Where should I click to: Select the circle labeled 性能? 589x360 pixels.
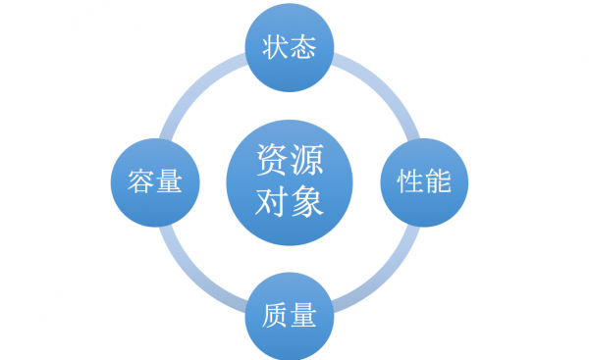point(424,181)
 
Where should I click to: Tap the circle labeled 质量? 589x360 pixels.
point(290,316)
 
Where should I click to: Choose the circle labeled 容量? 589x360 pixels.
point(156,181)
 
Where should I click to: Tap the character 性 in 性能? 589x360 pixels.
point(410,181)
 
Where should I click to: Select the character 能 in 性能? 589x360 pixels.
point(438,181)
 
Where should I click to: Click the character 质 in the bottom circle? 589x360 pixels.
point(276,316)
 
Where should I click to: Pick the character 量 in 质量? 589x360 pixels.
point(303,316)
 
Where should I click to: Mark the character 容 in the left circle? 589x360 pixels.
point(142,181)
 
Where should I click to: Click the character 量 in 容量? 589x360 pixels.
point(170,181)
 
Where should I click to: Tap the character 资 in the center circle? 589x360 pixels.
point(272,160)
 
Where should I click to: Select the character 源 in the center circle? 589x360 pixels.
point(307,160)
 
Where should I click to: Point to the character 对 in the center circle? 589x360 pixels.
point(272,203)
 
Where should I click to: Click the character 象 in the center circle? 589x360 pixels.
point(307,203)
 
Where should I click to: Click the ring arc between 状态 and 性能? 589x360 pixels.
point(385,87)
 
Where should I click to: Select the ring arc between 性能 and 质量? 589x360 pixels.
point(385,277)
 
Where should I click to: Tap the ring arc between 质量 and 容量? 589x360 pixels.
point(194,277)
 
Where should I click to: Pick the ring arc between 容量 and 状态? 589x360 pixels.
point(194,87)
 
